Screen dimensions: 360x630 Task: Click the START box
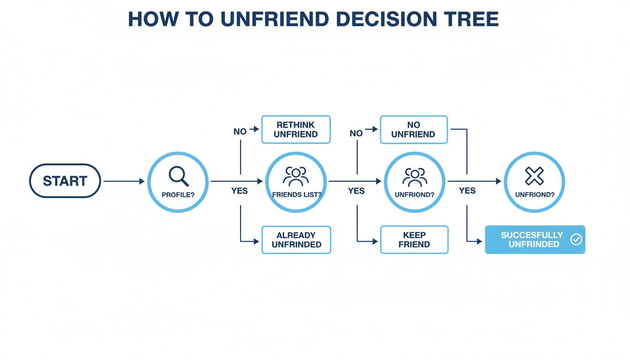click(65, 181)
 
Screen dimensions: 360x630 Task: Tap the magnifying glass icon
click(178, 176)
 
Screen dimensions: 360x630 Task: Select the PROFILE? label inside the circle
click(178, 195)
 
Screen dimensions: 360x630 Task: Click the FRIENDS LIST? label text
click(296, 195)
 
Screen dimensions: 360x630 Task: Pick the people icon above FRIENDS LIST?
click(296, 176)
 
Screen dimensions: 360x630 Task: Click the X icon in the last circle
click(534, 176)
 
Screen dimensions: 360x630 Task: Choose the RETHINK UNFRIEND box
click(296, 129)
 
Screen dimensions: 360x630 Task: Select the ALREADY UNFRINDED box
click(296, 240)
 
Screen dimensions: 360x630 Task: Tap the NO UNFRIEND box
click(413, 129)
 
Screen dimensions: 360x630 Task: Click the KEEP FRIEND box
click(414, 240)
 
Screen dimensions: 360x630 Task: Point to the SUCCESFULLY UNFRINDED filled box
click(534, 240)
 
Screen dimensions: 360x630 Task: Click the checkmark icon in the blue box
click(576, 240)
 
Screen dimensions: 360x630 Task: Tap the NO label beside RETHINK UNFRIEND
click(240, 132)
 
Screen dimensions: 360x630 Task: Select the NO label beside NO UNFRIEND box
click(356, 133)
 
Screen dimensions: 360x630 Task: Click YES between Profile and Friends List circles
click(240, 191)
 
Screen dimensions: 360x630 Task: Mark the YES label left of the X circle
click(467, 191)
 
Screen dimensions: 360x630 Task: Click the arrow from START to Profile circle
click(124, 181)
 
